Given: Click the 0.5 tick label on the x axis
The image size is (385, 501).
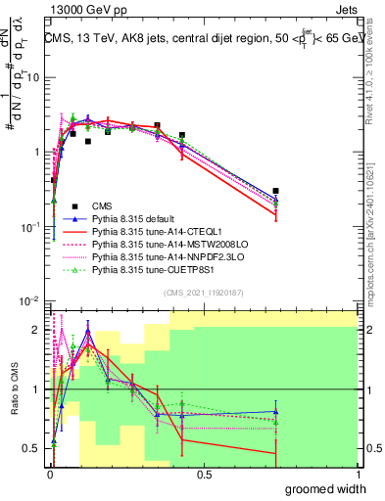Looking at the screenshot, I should (x=204, y=475).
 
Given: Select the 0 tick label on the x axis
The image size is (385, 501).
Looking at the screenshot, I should (x=49, y=475).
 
